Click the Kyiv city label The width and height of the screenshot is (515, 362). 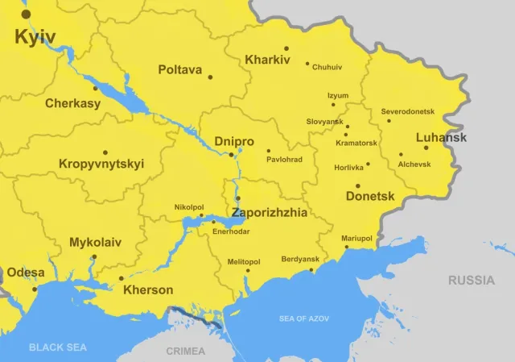[x=35, y=37]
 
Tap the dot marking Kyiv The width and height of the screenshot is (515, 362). [x=26, y=14]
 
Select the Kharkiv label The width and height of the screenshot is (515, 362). [x=266, y=60]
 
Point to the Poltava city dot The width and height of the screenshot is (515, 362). [x=211, y=77]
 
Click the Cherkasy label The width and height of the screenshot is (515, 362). [x=72, y=103]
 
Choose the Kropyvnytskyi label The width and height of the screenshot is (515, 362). [x=101, y=164]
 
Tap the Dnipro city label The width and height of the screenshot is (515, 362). [x=234, y=142]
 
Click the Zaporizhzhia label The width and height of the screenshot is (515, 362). [x=270, y=213]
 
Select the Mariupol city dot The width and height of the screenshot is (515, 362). [x=347, y=248]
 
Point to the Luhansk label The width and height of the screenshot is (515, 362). [x=441, y=138]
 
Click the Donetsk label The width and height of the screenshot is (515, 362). [x=369, y=196]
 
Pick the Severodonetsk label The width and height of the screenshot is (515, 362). [x=407, y=110]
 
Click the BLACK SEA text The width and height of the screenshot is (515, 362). [x=57, y=347]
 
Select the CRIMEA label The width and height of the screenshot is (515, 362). [x=185, y=351]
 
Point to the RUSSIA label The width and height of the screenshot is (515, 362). [x=472, y=281]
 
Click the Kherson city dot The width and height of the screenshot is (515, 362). [x=122, y=279]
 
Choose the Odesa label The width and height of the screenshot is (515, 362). [x=26, y=273]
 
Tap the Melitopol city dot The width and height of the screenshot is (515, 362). [x=248, y=270]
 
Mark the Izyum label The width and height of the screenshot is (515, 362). [x=338, y=95]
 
